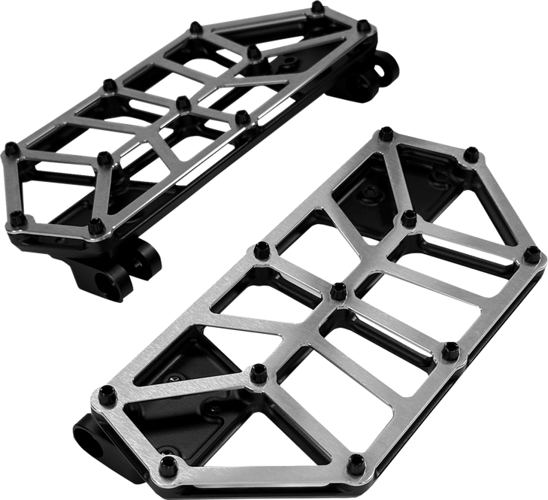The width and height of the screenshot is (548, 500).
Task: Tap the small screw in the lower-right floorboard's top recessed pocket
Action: pyautogui.click(x=368, y=194)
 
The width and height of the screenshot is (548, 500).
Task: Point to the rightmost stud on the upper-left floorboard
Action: pyautogui.click(x=365, y=26)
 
